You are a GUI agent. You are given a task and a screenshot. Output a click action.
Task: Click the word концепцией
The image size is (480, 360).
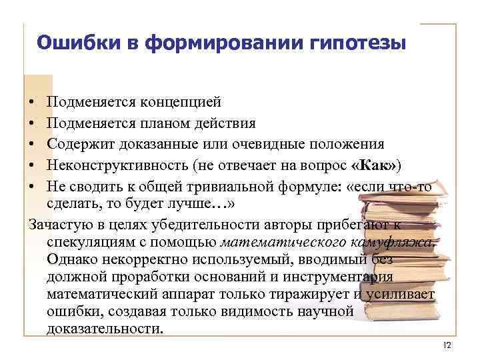tap(180, 103)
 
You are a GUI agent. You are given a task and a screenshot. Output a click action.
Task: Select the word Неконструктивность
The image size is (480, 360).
tap(117, 165)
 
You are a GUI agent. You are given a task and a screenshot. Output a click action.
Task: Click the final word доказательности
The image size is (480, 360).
tap(105, 329)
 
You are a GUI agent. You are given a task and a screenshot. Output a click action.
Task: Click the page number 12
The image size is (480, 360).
tap(447, 345)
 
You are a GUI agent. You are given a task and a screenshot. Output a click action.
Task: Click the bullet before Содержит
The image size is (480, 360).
tap(32, 145)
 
